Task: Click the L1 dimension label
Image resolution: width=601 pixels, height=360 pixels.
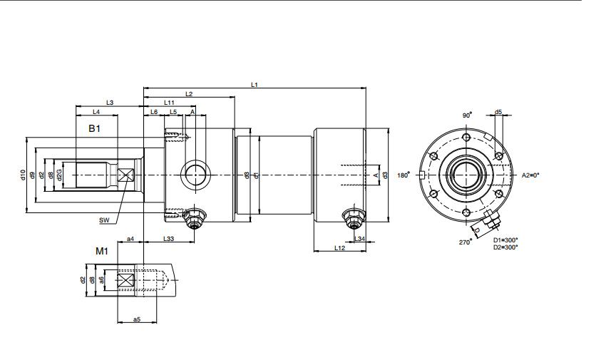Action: pos(255,85)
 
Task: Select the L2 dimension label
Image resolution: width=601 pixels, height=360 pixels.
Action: pos(189,94)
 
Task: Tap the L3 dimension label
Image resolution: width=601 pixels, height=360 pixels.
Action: pos(110,103)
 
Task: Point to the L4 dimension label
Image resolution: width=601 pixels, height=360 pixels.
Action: pos(96,113)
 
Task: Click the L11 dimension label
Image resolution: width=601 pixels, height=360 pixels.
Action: pos(169,103)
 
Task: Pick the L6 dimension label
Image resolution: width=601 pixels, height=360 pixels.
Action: pos(154,113)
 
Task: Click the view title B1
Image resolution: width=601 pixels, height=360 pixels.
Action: pos(94,128)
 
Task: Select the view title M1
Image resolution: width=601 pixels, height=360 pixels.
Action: pos(102,252)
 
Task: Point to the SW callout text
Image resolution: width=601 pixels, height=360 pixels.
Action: pos(104,221)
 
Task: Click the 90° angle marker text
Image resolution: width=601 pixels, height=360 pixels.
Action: pos(467,115)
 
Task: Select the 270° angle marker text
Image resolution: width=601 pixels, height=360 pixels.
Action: pos(466,242)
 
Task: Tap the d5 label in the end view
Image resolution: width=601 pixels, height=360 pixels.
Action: pos(498,112)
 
